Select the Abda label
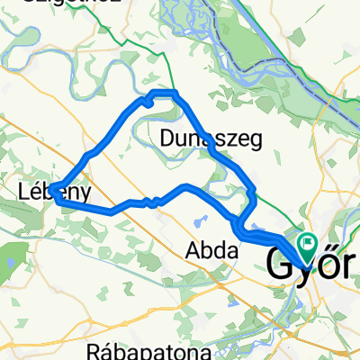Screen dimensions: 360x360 (x=212, y=251)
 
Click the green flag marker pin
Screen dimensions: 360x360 (x=307, y=241)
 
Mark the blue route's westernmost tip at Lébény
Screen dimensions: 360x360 (x=50, y=189)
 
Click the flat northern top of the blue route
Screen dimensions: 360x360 (x=164, y=94)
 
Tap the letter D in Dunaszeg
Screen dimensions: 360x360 (x=167, y=139)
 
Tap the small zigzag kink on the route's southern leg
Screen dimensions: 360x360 (x=155, y=200)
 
